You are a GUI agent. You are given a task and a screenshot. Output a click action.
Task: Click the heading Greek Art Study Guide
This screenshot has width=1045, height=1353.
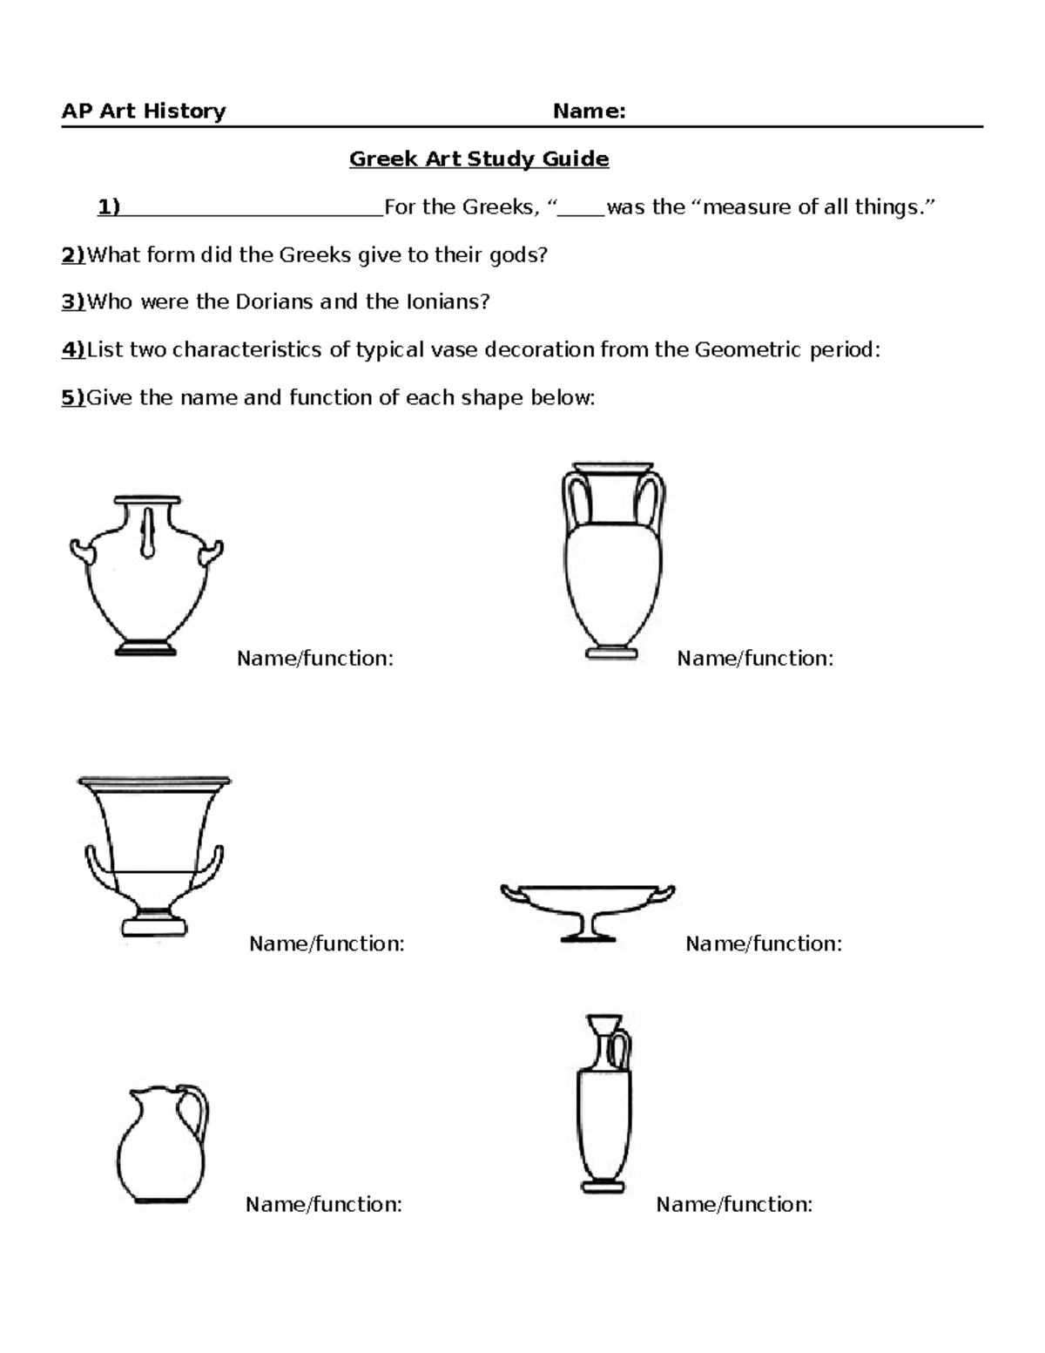tap(479, 159)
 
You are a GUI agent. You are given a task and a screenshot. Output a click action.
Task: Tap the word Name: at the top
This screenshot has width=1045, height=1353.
tap(590, 112)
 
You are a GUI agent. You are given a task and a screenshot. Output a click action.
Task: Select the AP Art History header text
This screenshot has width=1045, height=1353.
tap(144, 112)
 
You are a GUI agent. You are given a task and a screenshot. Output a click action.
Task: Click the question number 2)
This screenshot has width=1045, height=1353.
tap(73, 255)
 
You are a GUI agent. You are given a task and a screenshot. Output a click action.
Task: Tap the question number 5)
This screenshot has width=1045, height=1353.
tap(73, 398)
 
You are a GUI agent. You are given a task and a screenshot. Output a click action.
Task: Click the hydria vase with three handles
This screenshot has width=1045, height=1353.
tap(146, 577)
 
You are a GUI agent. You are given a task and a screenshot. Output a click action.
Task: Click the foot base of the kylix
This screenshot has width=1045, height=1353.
tap(588, 937)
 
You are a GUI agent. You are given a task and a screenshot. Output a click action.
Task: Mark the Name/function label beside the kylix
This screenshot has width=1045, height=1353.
tap(764, 944)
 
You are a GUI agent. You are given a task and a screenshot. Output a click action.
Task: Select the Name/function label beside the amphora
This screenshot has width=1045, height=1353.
tap(755, 659)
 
